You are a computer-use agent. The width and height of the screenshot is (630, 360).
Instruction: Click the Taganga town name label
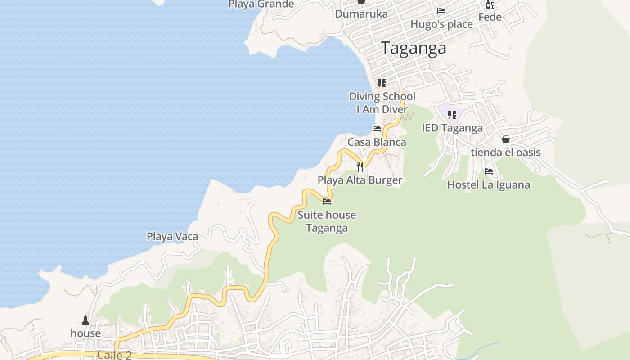click(x=414, y=48)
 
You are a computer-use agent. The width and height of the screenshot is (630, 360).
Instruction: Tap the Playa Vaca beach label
click(x=172, y=236)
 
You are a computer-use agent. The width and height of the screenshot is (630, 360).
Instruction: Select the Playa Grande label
click(x=261, y=4)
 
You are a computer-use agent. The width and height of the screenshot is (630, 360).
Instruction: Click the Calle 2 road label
click(x=114, y=355)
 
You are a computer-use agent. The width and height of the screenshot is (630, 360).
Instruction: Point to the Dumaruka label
click(x=361, y=14)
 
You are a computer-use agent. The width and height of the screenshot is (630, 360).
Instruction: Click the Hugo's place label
click(x=441, y=24)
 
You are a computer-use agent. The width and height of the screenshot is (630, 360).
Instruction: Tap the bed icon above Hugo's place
click(x=441, y=11)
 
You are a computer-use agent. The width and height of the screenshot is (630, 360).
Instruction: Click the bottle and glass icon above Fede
click(x=490, y=4)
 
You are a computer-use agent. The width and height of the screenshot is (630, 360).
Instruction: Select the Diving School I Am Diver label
click(x=382, y=103)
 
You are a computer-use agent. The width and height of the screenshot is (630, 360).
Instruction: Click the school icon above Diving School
click(x=382, y=83)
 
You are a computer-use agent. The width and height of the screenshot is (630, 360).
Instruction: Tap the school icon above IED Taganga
click(x=452, y=115)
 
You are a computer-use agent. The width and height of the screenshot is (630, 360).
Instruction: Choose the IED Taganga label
click(x=452, y=128)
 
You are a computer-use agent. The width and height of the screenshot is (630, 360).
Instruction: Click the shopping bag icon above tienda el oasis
click(x=506, y=139)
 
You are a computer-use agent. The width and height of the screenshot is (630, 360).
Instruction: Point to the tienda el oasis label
click(x=506, y=153)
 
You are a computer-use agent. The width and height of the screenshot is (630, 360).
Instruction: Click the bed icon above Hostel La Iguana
click(x=489, y=171)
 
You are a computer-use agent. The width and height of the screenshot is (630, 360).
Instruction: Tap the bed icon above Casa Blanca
click(x=377, y=129)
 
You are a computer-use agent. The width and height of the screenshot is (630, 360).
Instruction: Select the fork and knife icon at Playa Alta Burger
click(x=360, y=167)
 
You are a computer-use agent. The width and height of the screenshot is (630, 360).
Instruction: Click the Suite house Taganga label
click(x=327, y=221)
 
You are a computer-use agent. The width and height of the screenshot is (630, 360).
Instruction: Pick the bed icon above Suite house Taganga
click(x=327, y=202)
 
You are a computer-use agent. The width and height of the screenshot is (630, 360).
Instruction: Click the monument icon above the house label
click(x=85, y=320)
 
